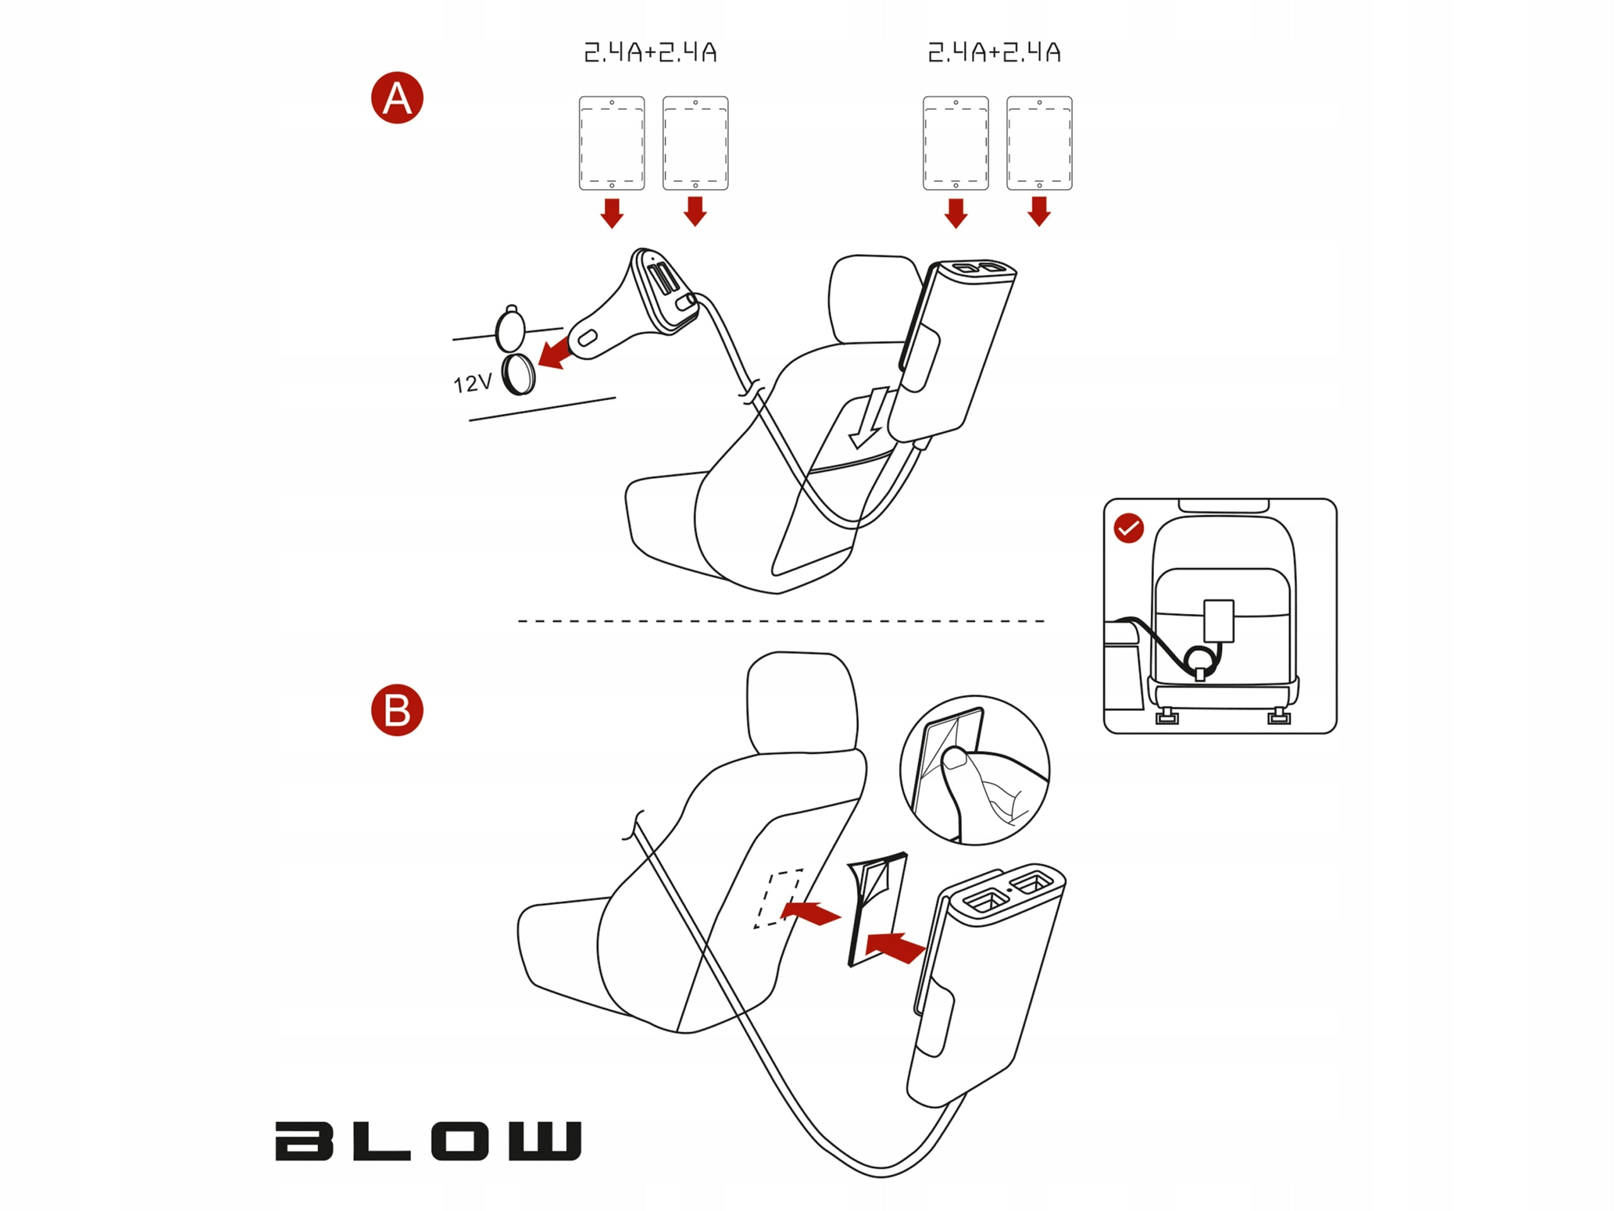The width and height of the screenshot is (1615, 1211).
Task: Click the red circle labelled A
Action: pyautogui.click(x=397, y=98)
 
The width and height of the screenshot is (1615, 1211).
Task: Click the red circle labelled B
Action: pyautogui.click(x=397, y=710)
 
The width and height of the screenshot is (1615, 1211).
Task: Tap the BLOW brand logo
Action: pyautogui.click(x=428, y=1141)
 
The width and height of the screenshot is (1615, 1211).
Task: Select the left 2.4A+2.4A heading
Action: pyautogui.click(x=650, y=52)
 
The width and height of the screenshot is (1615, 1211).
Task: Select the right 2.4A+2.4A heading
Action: pyautogui.click(x=994, y=52)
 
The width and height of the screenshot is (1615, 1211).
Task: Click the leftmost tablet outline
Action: pyautogui.click(x=612, y=143)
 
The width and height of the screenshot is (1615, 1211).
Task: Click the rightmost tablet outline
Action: pyautogui.click(x=1040, y=143)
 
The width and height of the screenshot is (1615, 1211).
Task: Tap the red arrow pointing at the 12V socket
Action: pyautogui.click(x=555, y=353)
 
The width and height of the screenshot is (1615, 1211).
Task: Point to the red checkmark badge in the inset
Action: pyautogui.click(x=1129, y=528)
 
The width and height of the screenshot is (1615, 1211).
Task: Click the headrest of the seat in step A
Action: pyautogui.click(x=872, y=300)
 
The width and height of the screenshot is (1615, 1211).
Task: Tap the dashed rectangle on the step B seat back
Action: pyautogui.click(x=778, y=899)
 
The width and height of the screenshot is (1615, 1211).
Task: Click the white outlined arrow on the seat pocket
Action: pyautogui.click(x=869, y=418)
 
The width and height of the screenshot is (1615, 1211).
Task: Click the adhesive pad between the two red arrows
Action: pyautogui.click(x=877, y=909)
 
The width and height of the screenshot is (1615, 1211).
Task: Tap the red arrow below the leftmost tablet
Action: pyautogui.click(x=612, y=213)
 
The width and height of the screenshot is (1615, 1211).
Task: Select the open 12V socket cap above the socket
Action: pyautogui.click(x=510, y=329)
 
